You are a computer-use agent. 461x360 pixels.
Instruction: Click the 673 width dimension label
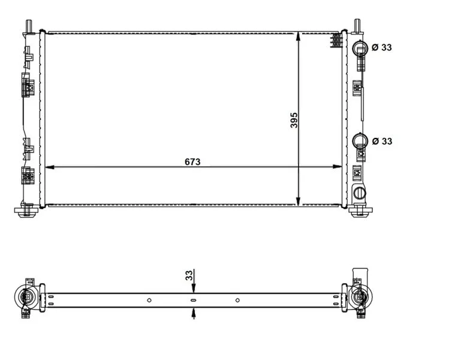(x=192, y=162)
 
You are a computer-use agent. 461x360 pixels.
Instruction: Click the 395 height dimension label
(x=294, y=120)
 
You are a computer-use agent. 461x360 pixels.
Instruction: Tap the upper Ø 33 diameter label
(x=382, y=47)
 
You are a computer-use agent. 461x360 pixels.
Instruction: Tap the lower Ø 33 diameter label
(x=382, y=141)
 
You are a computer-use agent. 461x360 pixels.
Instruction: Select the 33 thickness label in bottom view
(x=189, y=275)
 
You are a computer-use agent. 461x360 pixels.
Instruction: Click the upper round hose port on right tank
(x=360, y=47)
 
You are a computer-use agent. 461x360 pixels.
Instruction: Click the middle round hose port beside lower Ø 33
(x=360, y=140)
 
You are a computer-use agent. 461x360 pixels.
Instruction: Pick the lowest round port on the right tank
(x=360, y=193)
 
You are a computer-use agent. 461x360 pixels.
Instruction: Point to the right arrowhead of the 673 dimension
(x=338, y=167)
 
